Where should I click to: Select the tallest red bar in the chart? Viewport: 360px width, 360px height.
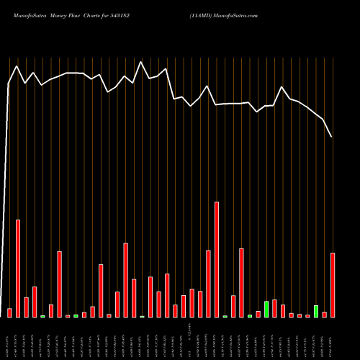[217, 259]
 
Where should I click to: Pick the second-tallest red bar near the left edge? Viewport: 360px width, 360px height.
[18, 268]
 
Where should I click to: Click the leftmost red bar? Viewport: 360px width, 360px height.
[9, 312]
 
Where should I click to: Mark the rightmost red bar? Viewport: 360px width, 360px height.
[333, 284]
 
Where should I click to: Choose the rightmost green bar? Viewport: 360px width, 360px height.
[316, 311]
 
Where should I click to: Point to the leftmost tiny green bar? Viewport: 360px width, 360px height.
[42, 316]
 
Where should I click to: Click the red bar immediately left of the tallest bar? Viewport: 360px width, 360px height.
[208, 284]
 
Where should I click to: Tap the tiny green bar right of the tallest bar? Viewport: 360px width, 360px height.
[225, 316]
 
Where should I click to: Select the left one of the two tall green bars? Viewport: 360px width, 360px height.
[266, 309]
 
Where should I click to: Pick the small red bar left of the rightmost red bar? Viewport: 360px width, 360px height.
[325, 314]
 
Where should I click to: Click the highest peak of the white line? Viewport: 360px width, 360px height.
[141, 62]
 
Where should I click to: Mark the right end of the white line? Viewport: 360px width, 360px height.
[332, 137]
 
